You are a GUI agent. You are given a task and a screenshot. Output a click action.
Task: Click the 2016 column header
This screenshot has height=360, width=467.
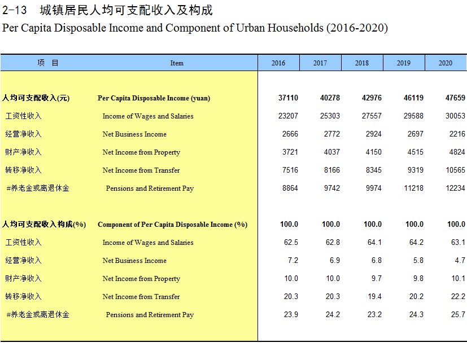pos(278,63)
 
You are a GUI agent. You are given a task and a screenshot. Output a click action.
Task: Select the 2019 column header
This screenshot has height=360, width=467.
pos(404,63)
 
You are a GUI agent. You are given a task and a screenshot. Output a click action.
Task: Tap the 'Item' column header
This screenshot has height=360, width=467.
pos(177,63)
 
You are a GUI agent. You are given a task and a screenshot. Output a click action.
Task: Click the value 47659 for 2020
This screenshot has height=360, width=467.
pos(455,98)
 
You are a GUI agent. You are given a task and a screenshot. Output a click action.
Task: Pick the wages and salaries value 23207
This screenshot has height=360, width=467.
pos(288,116)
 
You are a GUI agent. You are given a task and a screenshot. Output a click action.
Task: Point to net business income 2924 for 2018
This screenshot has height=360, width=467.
pos(373,134)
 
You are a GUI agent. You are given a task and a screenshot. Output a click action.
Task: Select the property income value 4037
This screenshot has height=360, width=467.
pos(332,152)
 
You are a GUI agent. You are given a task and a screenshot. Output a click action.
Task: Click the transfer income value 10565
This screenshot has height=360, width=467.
pos(455,170)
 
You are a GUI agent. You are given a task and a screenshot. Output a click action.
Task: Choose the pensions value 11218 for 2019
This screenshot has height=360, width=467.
pos(413,188)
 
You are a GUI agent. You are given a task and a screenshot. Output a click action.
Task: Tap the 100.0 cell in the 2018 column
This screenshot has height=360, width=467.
pos(373,225)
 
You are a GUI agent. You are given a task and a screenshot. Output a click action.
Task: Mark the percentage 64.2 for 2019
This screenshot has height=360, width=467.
pos(416,242)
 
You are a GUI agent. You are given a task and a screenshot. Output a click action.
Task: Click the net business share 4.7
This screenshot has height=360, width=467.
pos(460,260)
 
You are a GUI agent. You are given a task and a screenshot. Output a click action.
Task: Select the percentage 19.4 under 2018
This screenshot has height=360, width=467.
pos(374,296)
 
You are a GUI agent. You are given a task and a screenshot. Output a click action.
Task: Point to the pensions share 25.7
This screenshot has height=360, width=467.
pos(458,314)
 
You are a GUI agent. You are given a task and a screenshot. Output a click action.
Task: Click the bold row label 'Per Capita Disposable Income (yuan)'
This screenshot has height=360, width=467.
pos(154,98)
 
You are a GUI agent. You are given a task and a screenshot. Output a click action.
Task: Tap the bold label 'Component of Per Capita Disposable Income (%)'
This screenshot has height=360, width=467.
pos(172,225)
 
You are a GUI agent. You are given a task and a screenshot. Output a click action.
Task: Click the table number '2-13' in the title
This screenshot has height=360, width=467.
pos(14,10)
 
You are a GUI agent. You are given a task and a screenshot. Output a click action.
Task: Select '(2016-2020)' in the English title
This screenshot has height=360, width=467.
pos(357,28)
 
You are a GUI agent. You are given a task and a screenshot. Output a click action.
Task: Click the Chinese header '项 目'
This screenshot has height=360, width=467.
pos(47,63)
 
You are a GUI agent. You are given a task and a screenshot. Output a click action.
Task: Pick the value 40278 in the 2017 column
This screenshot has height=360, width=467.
pos(330,98)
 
